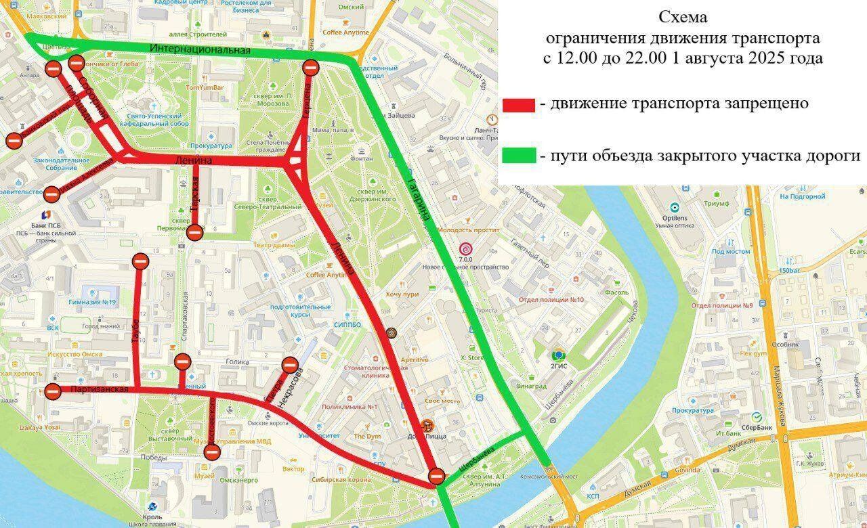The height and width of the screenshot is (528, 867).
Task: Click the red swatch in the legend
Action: click(x=519, y=104)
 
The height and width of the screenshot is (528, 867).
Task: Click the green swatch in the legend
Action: click(x=519, y=157)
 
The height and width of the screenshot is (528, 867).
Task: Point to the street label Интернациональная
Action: click(x=200, y=49)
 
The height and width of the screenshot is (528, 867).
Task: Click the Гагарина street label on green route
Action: click(x=419, y=198)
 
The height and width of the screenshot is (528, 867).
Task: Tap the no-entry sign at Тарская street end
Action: click(x=194, y=233)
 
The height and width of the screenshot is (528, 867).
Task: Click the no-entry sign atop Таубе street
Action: click(x=141, y=261)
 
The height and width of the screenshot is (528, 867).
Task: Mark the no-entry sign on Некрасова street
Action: click(x=290, y=365)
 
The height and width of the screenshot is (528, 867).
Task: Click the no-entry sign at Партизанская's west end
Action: click(x=53, y=390)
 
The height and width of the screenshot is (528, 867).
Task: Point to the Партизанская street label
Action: click(x=99, y=391)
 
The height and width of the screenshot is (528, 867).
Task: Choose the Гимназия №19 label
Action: click(x=92, y=302)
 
